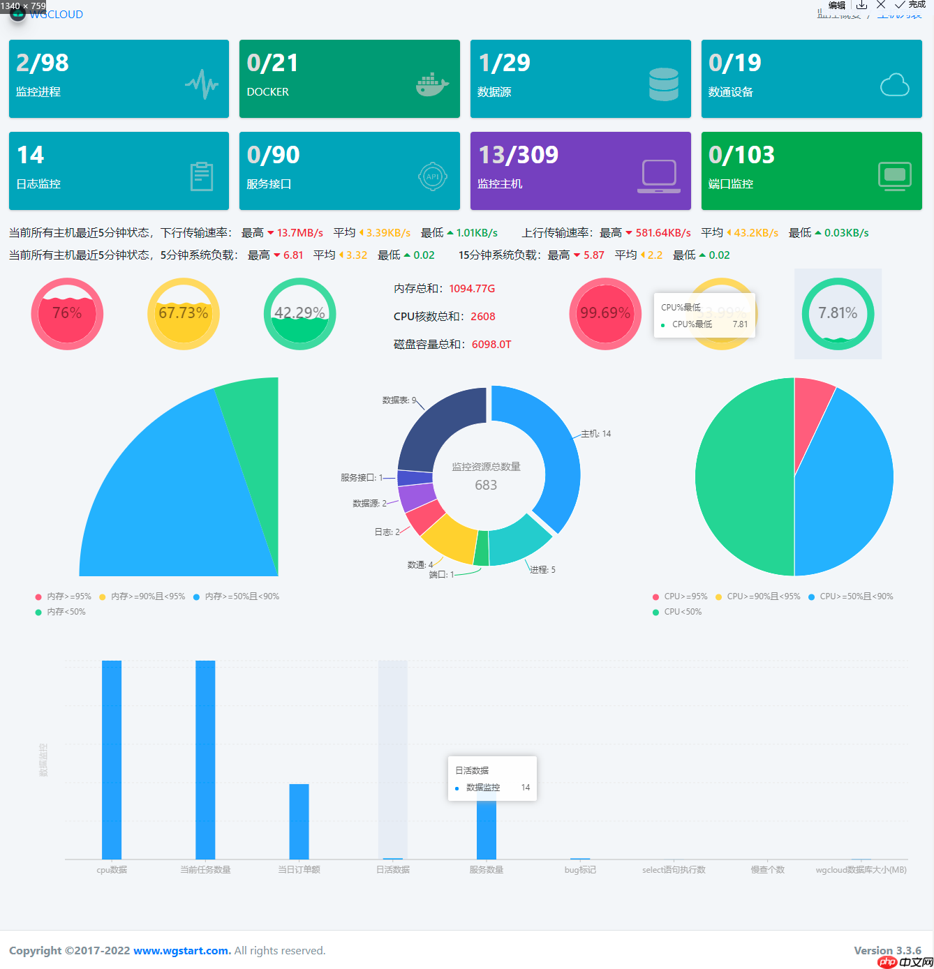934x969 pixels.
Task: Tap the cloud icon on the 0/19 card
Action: tap(894, 85)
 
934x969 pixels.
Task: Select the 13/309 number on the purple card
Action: tap(518, 155)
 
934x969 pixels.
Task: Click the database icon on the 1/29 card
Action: tap(663, 84)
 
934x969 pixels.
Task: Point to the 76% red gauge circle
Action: tap(67, 313)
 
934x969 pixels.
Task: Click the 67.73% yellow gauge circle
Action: tap(184, 313)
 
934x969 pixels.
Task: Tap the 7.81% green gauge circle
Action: tap(838, 313)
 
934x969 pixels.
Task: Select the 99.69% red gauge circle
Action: tap(605, 313)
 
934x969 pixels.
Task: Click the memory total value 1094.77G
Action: tap(472, 289)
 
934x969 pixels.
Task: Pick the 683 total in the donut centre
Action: tap(486, 485)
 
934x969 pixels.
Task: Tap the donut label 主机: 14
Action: tap(595, 434)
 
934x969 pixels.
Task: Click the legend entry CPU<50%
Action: tap(682, 612)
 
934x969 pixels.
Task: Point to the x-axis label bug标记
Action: tap(580, 870)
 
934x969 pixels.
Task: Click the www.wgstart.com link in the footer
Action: tap(181, 951)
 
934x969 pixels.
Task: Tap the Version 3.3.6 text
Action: tap(887, 951)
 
